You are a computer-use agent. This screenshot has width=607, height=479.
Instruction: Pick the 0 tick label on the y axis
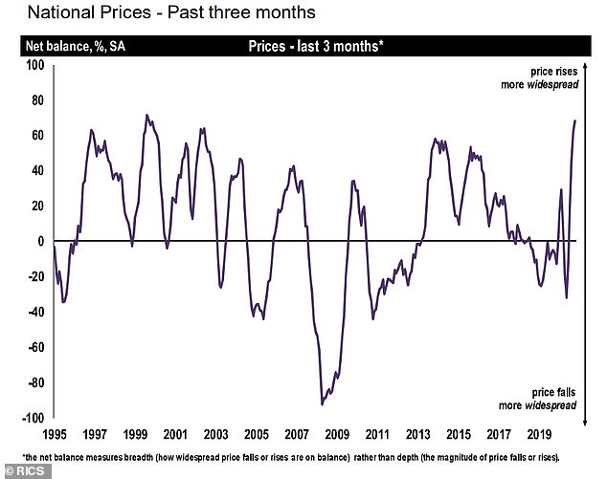click(x=41, y=242)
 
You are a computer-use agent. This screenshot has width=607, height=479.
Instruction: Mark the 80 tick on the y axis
click(x=37, y=100)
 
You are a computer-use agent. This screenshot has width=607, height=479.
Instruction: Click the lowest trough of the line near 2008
click(x=323, y=404)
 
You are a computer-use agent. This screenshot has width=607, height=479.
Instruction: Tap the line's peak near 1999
click(x=146, y=115)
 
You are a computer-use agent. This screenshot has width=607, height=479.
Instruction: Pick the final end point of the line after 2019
click(x=575, y=120)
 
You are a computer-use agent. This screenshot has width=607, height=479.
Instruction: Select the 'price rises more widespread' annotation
click(x=552, y=77)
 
